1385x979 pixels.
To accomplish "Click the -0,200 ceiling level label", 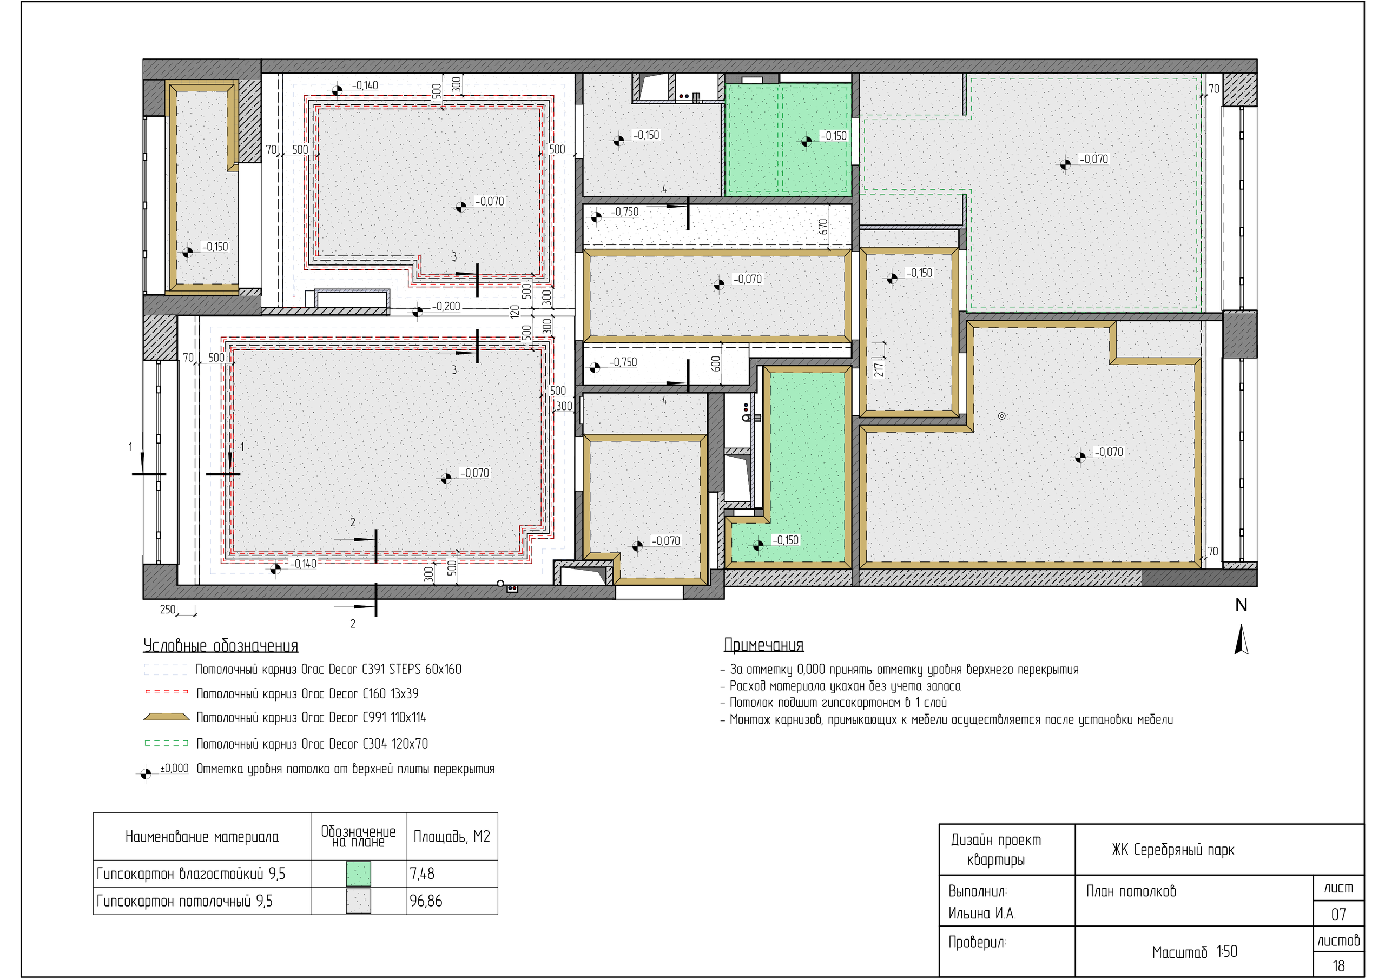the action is pyautogui.click(x=446, y=307).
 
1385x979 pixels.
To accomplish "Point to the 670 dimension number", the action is pyautogui.click(x=823, y=227).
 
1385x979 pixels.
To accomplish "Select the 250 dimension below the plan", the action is pyautogui.click(x=168, y=610).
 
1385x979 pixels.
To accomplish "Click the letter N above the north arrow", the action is pyautogui.click(x=1241, y=605).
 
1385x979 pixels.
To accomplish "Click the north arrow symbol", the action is pyautogui.click(x=1241, y=639).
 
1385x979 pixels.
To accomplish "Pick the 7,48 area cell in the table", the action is pyautogui.click(x=422, y=874).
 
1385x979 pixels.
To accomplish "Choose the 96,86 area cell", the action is pyautogui.click(x=426, y=901).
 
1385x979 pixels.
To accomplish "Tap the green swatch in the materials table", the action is pyautogui.click(x=358, y=874).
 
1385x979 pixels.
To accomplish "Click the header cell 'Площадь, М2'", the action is pyautogui.click(x=452, y=837).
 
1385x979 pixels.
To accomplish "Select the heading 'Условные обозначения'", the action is pyautogui.click(x=221, y=646).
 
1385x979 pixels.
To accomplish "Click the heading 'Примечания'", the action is pyautogui.click(x=764, y=645).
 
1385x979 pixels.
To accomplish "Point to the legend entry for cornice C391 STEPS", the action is pyautogui.click(x=329, y=669).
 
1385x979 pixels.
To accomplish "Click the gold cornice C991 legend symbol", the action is pyautogui.click(x=166, y=717).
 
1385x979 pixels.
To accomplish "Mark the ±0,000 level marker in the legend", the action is pyautogui.click(x=146, y=773).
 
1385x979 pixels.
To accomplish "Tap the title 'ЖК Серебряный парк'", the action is pyautogui.click(x=1173, y=850).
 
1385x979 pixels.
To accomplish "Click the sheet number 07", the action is pyautogui.click(x=1338, y=915).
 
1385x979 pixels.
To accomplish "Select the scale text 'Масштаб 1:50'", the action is pyautogui.click(x=1195, y=952).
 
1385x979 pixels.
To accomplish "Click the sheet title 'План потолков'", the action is pyautogui.click(x=1131, y=891).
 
